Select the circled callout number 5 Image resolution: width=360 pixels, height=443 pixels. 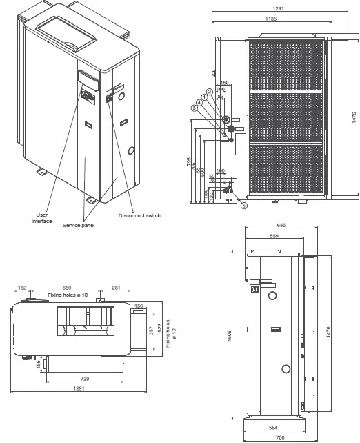click(243, 205)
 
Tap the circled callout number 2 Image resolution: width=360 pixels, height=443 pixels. click(208, 92)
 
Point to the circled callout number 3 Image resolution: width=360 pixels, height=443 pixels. click(194, 108)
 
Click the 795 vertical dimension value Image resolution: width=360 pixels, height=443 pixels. click(189, 164)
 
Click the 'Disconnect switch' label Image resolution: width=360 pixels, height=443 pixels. click(139, 215)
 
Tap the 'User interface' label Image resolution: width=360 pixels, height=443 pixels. click(41, 218)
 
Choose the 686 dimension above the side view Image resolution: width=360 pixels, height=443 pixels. click(281, 226)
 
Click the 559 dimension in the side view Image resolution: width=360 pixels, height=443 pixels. click(274, 236)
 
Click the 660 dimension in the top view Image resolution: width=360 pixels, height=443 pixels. click(67, 287)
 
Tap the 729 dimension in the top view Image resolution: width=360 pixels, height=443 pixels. click(83, 380)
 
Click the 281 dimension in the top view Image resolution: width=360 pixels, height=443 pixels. click(116, 287)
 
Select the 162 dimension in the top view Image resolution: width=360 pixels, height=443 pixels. click(22, 287)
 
